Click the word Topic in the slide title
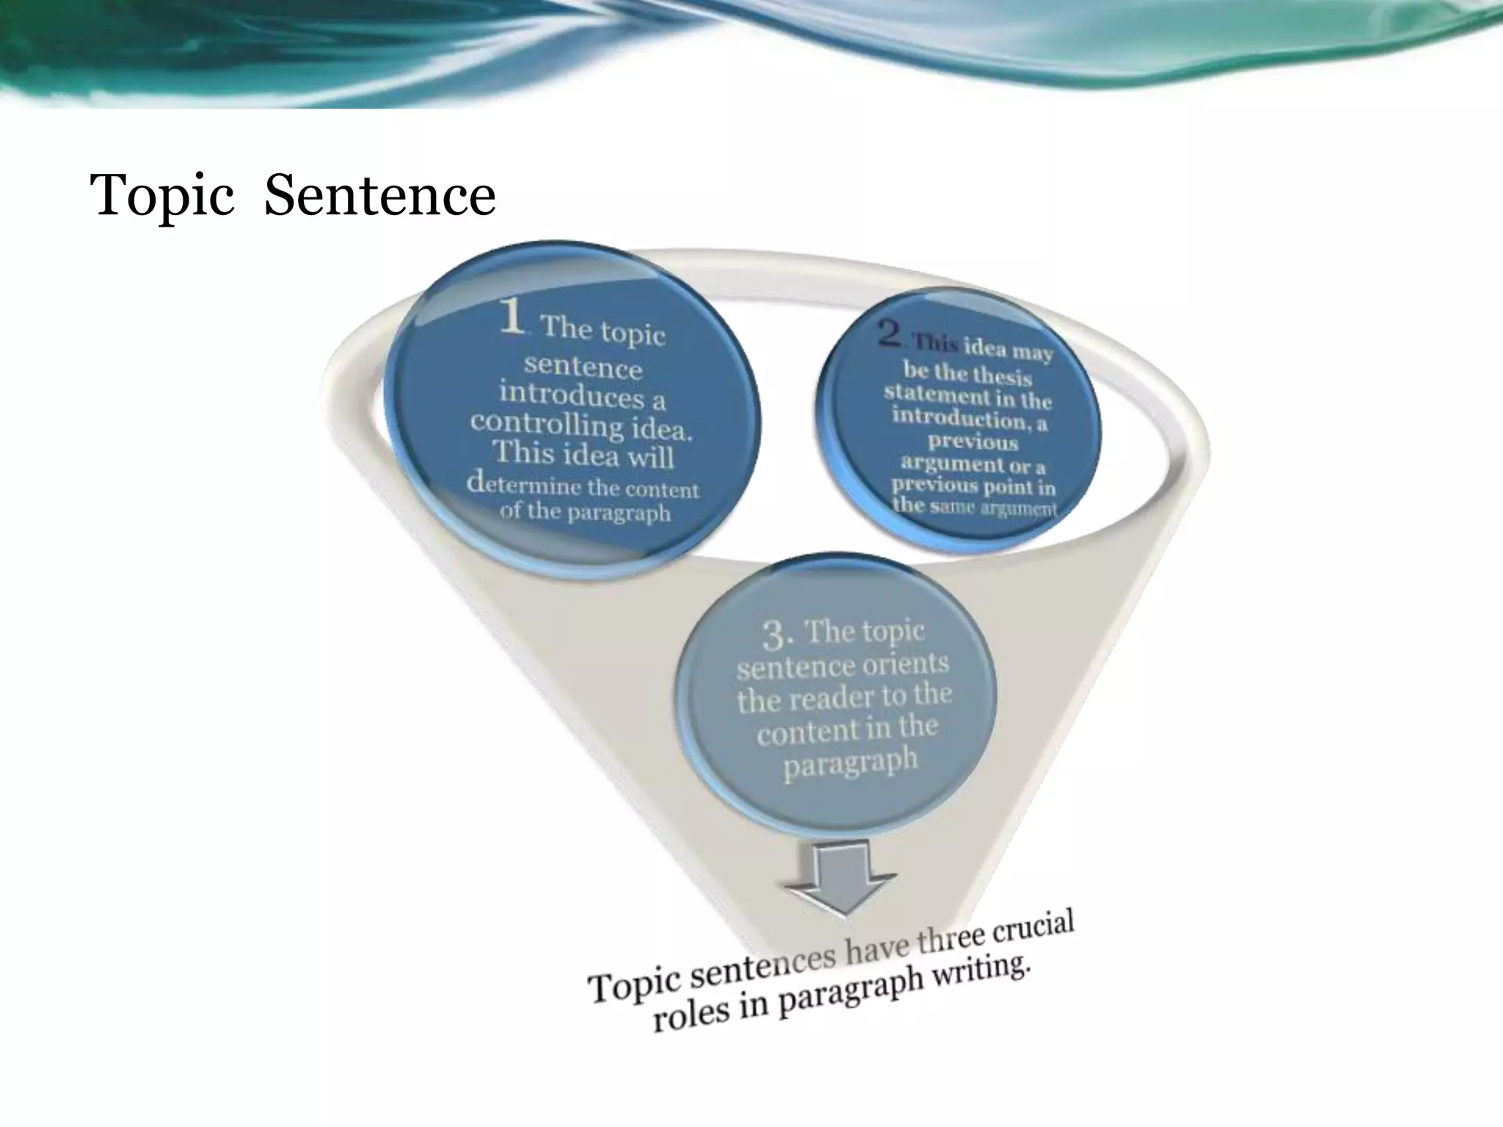tap(161, 196)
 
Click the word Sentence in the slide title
tap(379, 196)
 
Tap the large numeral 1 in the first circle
tap(512, 317)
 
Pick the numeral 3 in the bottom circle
tap(776, 635)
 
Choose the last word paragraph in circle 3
tap(850, 763)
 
